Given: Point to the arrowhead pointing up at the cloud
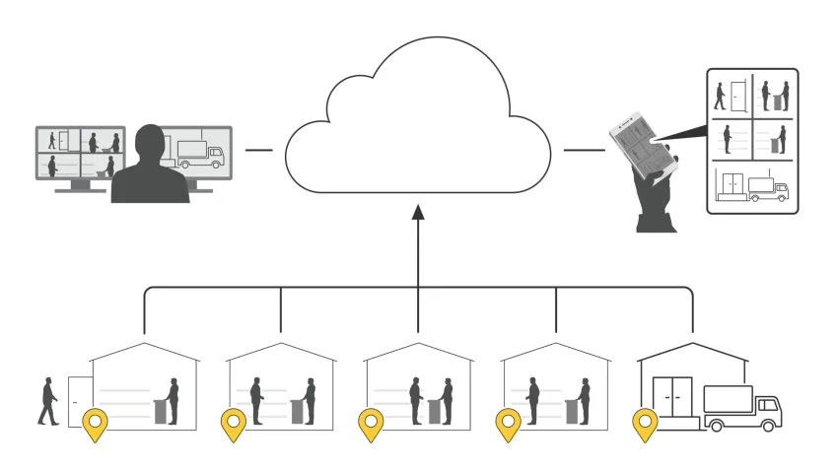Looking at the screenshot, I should click(x=417, y=210).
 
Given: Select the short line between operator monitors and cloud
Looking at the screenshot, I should click(x=258, y=150).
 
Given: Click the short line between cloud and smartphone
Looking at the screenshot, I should click(x=584, y=150).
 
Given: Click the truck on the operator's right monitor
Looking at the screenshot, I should click(x=201, y=154).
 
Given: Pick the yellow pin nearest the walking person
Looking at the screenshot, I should click(x=95, y=426).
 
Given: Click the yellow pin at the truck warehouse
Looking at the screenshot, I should click(x=645, y=426).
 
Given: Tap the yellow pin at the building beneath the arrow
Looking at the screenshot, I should click(x=371, y=426).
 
